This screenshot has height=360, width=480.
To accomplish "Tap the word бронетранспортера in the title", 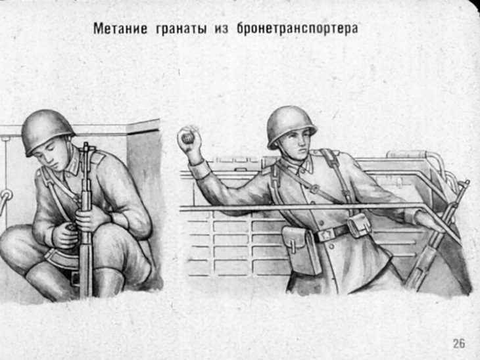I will [x=296, y=29].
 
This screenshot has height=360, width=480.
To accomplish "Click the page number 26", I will [x=459, y=343].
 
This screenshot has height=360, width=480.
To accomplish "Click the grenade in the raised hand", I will [x=187, y=137].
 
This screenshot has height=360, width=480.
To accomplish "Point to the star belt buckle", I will [x=324, y=233].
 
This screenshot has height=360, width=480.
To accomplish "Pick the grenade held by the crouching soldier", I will [x=70, y=230].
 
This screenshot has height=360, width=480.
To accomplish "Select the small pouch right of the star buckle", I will [x=360, y=225].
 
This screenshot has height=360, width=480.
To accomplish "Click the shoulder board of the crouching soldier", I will [x=97, y=158].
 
